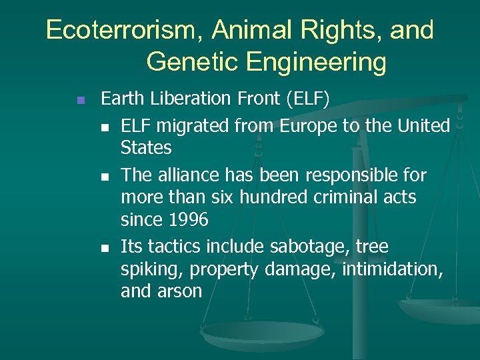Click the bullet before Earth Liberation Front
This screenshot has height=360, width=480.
79,101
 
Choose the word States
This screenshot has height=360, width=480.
146,147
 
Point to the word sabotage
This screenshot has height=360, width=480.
313,247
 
